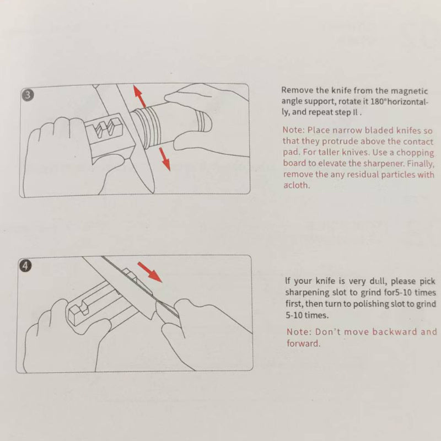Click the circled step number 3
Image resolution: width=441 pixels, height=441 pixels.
[x=28, y=95]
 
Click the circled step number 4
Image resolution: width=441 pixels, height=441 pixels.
[x=25, y=266]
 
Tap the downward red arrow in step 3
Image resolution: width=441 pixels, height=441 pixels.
[x=165, y=159]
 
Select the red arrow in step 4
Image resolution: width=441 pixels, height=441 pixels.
[x=149, y=272]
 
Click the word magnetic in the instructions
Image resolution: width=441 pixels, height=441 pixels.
[x=409, y=91]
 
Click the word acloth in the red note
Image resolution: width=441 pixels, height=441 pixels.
[x=297, y=185]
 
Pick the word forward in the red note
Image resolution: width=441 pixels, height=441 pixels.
[x=303, y=343]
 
